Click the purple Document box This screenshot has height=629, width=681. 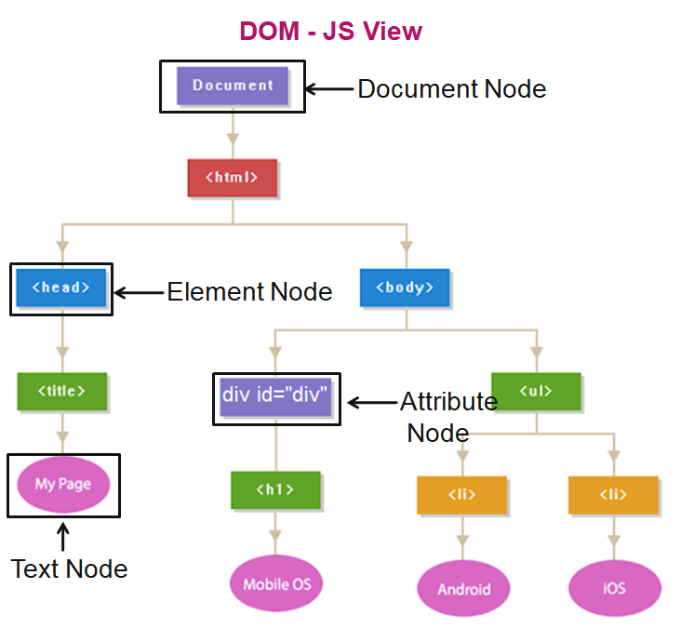pos(233,86)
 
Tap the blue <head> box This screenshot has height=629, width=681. pos(61,288)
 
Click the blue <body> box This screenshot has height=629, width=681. pos(405,288)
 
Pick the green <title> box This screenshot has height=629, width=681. pos(61,392)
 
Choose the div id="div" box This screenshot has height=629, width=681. pos(276,395)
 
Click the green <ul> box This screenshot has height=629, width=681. pos(536,392)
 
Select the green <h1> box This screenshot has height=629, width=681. pos(275,489)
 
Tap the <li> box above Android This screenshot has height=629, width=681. pos(461,495)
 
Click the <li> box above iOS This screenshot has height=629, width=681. pos(613,495)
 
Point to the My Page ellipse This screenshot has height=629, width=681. pos(62,485)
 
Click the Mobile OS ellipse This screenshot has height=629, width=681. pos(276,584)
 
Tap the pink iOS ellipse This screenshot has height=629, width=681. pos(614,588)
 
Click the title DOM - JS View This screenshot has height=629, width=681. pos(330,32)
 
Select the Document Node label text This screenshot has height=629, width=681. pos(451,89)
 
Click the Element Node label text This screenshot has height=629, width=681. pos(249,292)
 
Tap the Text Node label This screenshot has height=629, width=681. pos(69,569)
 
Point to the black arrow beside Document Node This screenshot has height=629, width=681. pos(330,89)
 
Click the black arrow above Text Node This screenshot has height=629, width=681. pos(63,537)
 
